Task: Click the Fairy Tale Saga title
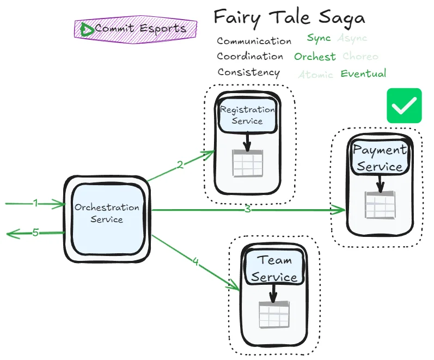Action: (289, 17)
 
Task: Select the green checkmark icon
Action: (404, 105)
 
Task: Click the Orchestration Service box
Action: (107, 213)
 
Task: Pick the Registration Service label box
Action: (247, 115)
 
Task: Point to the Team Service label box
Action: (274, 268)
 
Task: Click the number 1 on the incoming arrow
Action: (35, 203)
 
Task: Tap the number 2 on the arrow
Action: (180, 164)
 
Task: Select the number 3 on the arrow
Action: (247, 209)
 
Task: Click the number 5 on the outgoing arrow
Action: (35, 233)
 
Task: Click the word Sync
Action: (319, 38)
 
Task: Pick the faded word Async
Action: (352, 38)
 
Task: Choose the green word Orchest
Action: (315, 57)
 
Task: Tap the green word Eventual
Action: (363, 74)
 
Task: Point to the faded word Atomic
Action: (315, 75)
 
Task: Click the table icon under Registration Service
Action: (248, 163)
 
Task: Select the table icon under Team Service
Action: (273, 314)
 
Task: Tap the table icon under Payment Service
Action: (380, 205)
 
